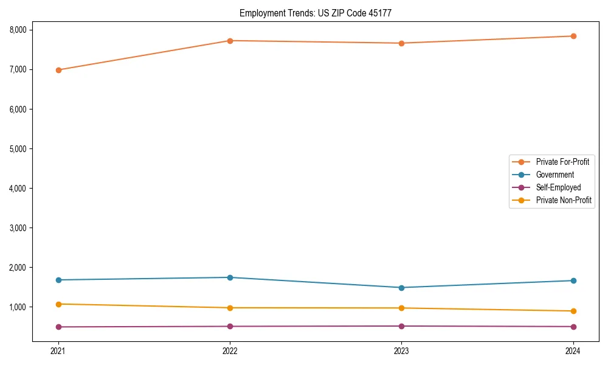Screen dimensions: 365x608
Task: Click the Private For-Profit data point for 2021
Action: click(58, 70)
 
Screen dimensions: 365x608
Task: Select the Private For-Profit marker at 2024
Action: click(573, 36)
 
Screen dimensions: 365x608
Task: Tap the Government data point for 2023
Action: click(402, 288)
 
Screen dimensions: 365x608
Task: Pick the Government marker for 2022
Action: click(230, 277)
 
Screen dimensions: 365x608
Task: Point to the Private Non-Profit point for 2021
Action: click(58, 304)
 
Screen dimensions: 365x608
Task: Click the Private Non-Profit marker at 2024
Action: click(573, 311)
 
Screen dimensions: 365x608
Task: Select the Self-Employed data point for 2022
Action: click(230, 327)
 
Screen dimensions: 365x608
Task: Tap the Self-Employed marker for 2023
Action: click(402, 326)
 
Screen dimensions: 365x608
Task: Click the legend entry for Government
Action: click(554, 175)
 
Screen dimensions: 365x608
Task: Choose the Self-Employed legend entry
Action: click(558, 187)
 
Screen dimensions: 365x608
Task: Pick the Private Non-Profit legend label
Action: click(564, 200)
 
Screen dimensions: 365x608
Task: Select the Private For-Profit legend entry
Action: click(562, 162)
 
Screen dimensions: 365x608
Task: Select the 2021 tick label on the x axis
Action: click(58, 351)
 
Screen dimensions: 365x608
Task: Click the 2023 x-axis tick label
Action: click(402, 351)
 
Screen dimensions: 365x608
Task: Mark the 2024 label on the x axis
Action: click(573, 351)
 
